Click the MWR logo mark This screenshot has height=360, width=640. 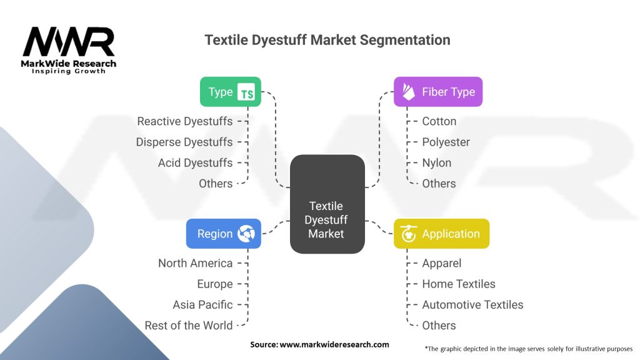pos(69,42)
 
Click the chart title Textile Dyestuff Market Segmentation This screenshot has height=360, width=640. pos(327,40)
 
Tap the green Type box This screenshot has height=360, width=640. pos(230,92)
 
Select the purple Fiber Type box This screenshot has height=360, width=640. pos(438,92)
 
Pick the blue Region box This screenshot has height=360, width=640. pos(223,234)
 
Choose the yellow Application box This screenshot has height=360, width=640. pos(441,234)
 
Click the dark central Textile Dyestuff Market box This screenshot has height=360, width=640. pos(327,204)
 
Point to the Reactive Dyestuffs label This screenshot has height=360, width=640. pos(185,121)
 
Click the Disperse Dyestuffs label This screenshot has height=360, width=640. pos(184,142)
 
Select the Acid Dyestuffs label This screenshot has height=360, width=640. pos(195,163)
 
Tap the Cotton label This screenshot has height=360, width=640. pos(439,121)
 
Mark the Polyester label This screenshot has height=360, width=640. pos(446,142)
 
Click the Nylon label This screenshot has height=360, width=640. pos(436,163)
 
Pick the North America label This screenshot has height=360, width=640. pos(195,263)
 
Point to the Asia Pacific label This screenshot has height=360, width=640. pos(202,305)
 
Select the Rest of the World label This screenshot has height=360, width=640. pos(189,326)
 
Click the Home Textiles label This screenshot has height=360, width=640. pos(458,284)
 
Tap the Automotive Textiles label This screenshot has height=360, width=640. pos(472,305)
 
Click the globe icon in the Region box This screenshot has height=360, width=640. pos(246,234)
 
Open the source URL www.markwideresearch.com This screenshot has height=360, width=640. pos(334,344)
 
